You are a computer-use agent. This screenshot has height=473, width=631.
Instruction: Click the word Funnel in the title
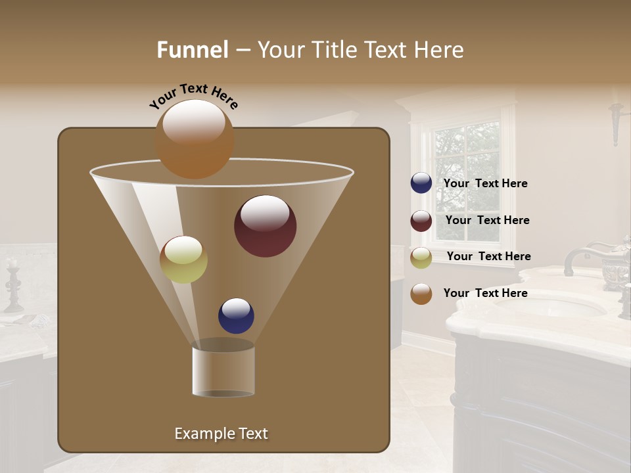pyautogui.click(x=192, y=50)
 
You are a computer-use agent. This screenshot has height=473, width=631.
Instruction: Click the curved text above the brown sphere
pyautogui.click(x=193, y=95)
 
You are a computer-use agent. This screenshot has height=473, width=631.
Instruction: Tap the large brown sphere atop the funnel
pyautogui.click(x=194, y=139)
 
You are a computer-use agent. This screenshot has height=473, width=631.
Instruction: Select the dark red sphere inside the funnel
pyautogui.click(x=265, y=226)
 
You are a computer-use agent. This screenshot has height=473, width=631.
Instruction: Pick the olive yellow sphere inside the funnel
pyautogui.click(x=183, y=259)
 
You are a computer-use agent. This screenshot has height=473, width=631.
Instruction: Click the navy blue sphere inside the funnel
pyautogui.click(x=236, y=315)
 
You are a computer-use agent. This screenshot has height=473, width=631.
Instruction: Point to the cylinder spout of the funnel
pyautogui.click(x=223, y=371)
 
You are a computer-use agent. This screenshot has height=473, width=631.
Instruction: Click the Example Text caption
pyautogui.click(x=221, y=434)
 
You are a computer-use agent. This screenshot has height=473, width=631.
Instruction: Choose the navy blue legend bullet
pyautogui.click(x=421, y=183)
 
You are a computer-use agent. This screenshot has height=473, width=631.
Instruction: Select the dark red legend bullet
pyautogui.click(x=421, y=221)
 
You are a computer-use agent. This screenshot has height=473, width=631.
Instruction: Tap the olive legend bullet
pyautogui.click(x=421, y=258)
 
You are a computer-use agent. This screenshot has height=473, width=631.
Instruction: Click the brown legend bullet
pyautogui.click(x=421, y=294)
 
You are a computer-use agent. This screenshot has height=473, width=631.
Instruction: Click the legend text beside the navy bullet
pyautogui.click(x=485, y=184)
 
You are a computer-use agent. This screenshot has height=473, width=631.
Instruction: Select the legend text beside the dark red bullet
pyautogui.click(x=487, y=221)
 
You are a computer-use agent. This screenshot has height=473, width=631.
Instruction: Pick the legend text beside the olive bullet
pyautogui.click(x=488, y=257)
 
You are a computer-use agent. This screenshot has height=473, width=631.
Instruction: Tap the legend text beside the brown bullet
pyautogui.click(x=485, y=294)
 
